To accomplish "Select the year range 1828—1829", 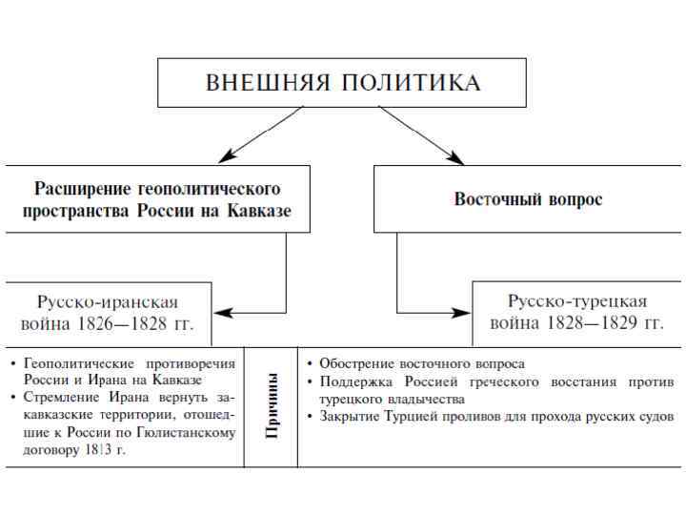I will (590, 323).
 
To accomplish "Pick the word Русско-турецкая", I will (576, 301).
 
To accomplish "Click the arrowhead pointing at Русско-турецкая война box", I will (465, 312).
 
